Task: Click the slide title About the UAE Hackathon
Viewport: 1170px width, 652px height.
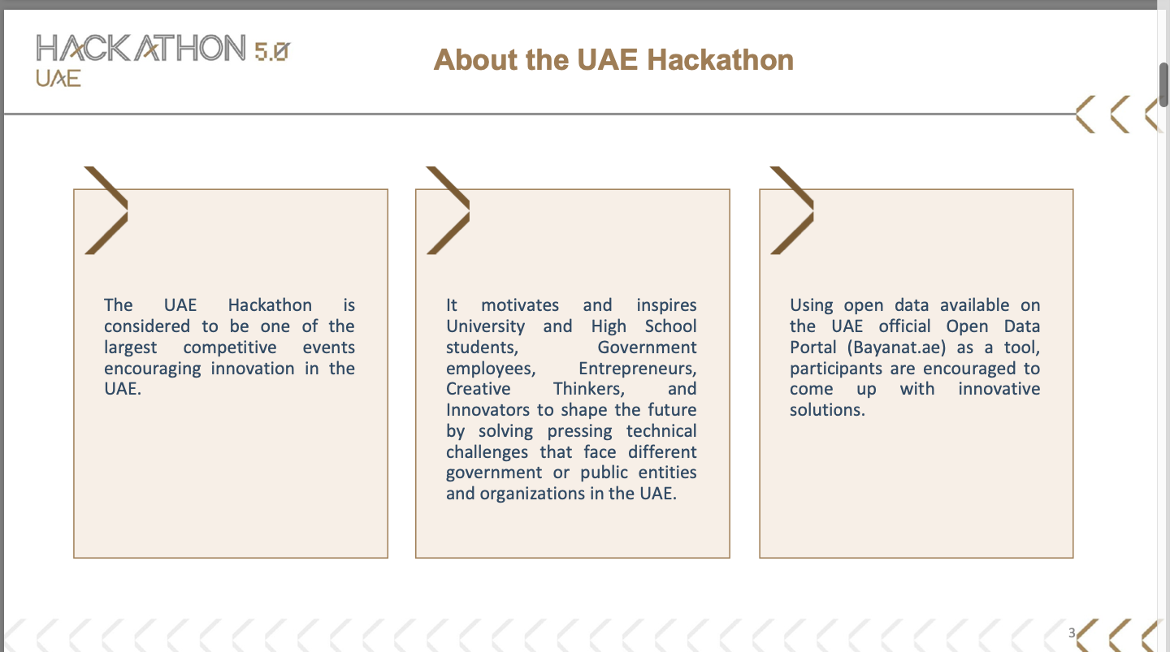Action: tap(613, 59)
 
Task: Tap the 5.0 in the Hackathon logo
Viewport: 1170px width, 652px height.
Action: tap(271, 52)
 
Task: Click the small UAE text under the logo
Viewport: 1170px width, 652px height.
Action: tap(58, 78)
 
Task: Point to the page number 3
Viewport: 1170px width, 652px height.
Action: tap(1071, 633)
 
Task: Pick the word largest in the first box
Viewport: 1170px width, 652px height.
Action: tap(130, 348)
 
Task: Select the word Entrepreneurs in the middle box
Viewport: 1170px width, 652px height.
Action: tap(637, 369)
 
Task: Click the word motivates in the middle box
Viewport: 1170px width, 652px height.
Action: tap(520, 305)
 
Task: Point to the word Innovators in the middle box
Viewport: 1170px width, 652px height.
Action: tap(487, 410)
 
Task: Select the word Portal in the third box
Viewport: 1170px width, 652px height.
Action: tap(812, 348)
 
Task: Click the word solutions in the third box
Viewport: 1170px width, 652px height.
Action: tap(825, 410)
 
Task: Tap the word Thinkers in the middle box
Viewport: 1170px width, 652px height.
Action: tap(588, 389)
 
